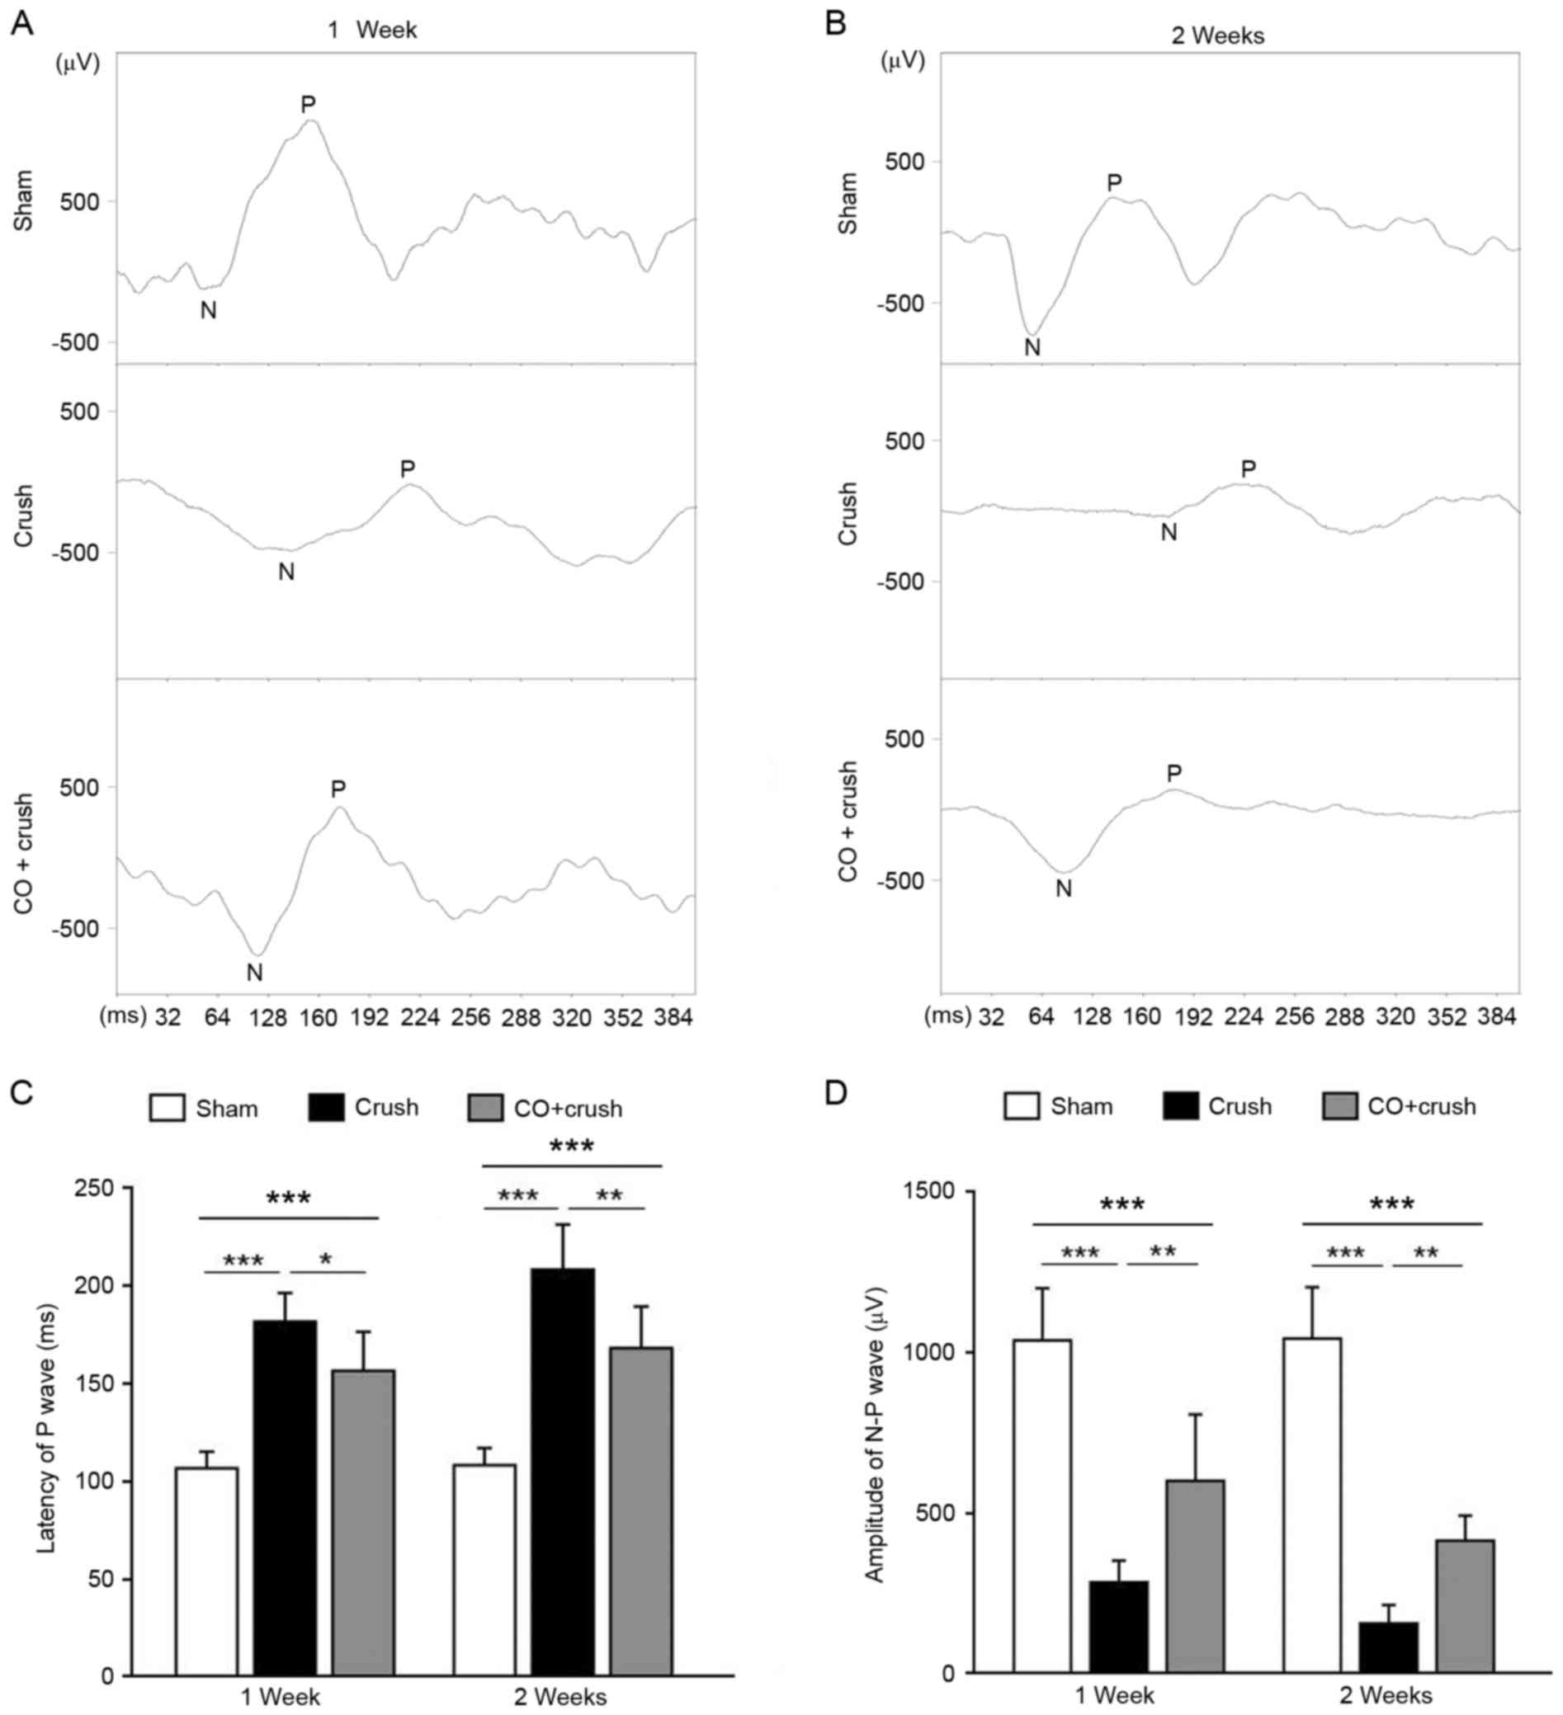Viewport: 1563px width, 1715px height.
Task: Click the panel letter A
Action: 21,24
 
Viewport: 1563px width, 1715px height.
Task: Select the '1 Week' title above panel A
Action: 373,31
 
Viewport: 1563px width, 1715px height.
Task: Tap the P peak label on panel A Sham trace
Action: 308,105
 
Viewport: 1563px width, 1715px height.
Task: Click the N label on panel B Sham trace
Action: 1032,348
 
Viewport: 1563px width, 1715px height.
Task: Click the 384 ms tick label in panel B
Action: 1498,1017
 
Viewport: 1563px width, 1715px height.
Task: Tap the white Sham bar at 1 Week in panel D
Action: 1042,1505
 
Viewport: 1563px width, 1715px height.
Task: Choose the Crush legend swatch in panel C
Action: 326,1108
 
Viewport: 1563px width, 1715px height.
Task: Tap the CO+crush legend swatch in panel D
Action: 1339,1107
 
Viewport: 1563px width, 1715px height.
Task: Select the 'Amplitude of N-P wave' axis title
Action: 874,1435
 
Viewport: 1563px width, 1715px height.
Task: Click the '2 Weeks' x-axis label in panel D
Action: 1386,1694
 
